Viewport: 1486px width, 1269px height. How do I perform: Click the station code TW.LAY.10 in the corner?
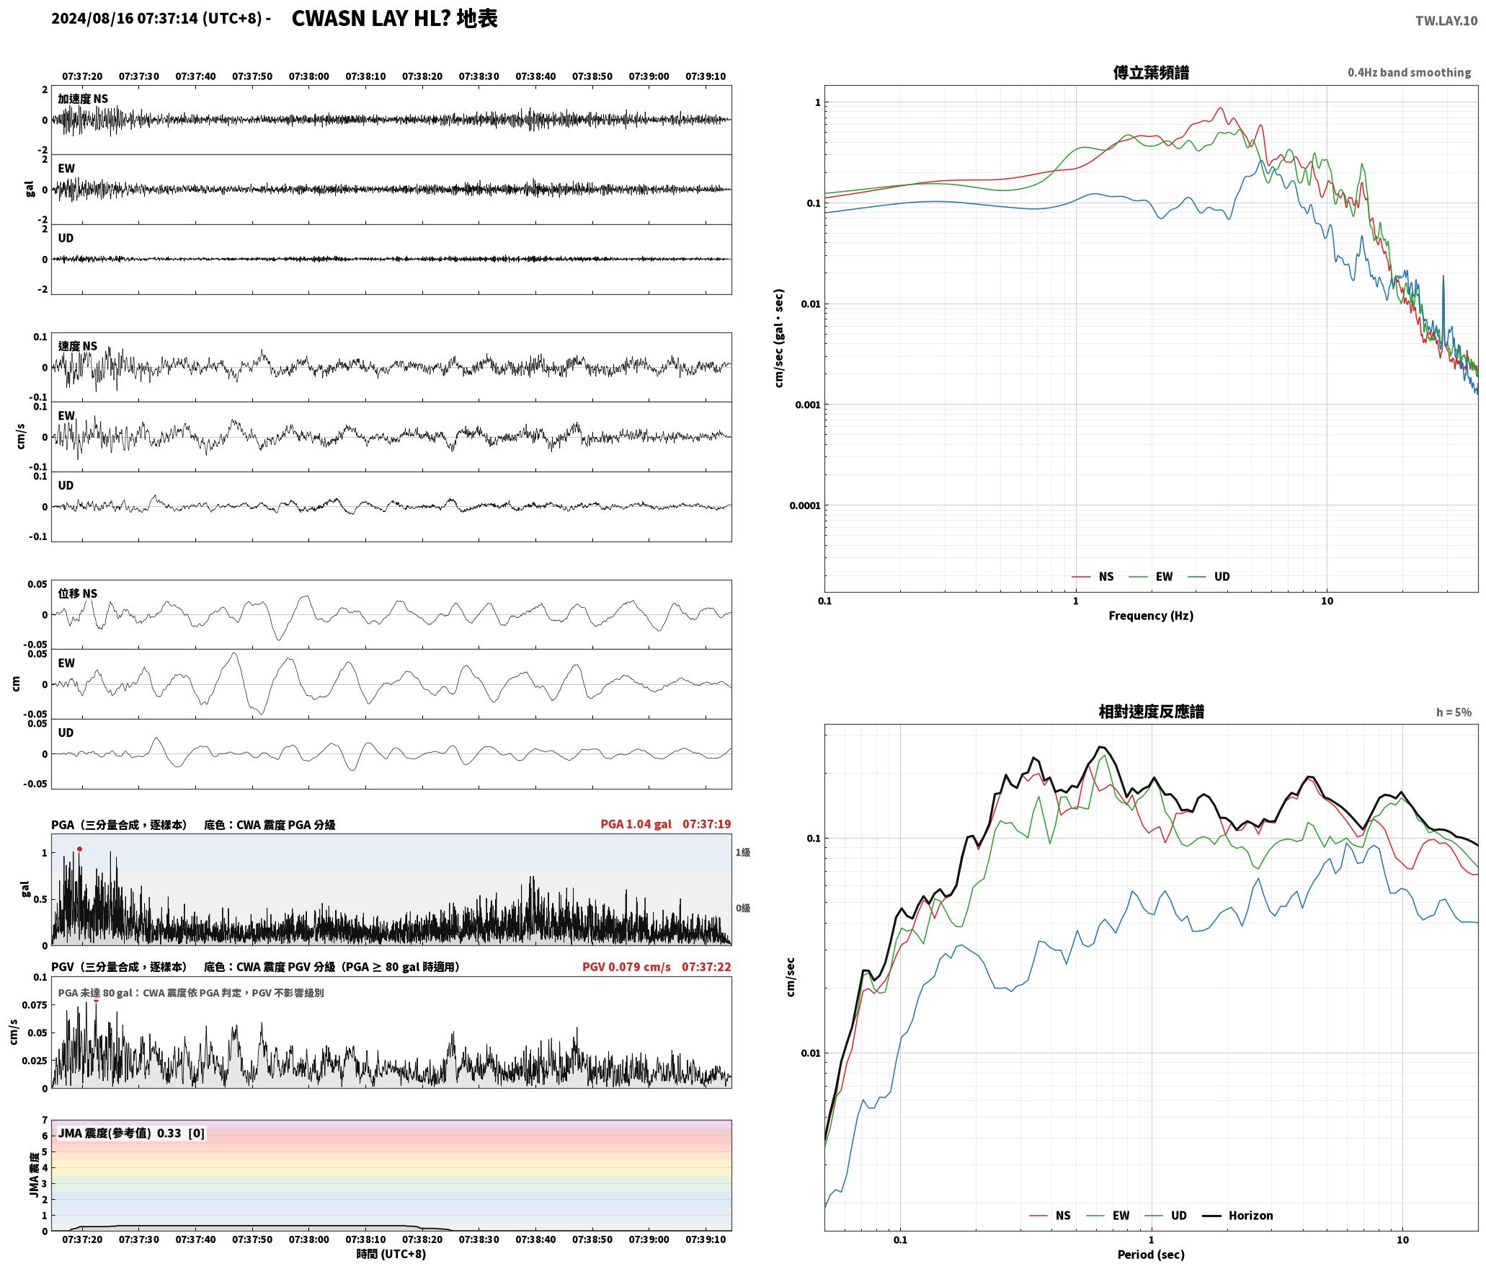pos(1446,21)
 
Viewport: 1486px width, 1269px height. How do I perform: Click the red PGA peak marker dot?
pos(79,849)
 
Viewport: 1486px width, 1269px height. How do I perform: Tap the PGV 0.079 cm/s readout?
pos(626,967)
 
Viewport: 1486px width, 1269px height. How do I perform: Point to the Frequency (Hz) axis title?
pos(1151,616)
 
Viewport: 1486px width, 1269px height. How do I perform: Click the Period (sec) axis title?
pos(1151,1255)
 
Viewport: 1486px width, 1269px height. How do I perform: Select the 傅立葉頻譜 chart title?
pos(1151,73)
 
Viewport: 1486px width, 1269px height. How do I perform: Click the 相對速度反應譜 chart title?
pos(1151,712)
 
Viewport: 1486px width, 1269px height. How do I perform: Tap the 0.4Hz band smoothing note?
pos(1410,73)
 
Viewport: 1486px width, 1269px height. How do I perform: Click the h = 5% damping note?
pos(1454,712)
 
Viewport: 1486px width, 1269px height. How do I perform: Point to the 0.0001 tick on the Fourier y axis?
pos(805,505)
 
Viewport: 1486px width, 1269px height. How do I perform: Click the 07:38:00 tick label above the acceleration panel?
pos(308,76)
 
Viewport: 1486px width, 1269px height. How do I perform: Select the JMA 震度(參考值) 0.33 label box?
pos(131,1133)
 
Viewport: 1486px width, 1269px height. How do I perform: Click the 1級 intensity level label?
pos(743,852)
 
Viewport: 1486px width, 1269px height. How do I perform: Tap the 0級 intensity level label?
pos(743,908)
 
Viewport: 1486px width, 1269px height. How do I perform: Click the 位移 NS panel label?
pos(78,594)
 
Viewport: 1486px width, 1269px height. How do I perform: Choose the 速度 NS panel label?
pos(78,346)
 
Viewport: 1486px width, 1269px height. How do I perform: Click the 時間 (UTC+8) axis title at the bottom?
pos(391,1255)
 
